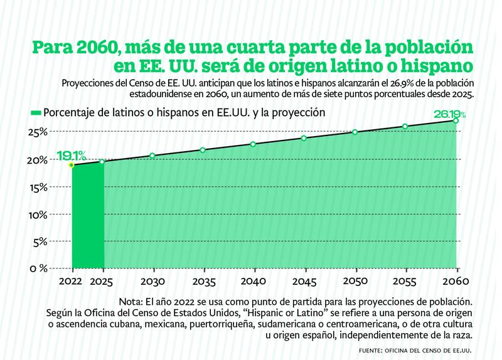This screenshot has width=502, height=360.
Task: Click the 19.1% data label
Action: coord(72,154)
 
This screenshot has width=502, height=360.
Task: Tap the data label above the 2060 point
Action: coord(450,114)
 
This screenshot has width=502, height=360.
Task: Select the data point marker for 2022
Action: coord(72,165)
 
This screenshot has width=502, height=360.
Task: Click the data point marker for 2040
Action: coord(253,144)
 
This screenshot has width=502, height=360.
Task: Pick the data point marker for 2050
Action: coord(355,132)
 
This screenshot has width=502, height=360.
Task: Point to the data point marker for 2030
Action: coord(152,156)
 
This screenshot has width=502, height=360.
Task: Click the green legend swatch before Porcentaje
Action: coord(36,113)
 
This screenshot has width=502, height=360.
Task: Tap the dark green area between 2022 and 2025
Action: coord(88,220)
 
